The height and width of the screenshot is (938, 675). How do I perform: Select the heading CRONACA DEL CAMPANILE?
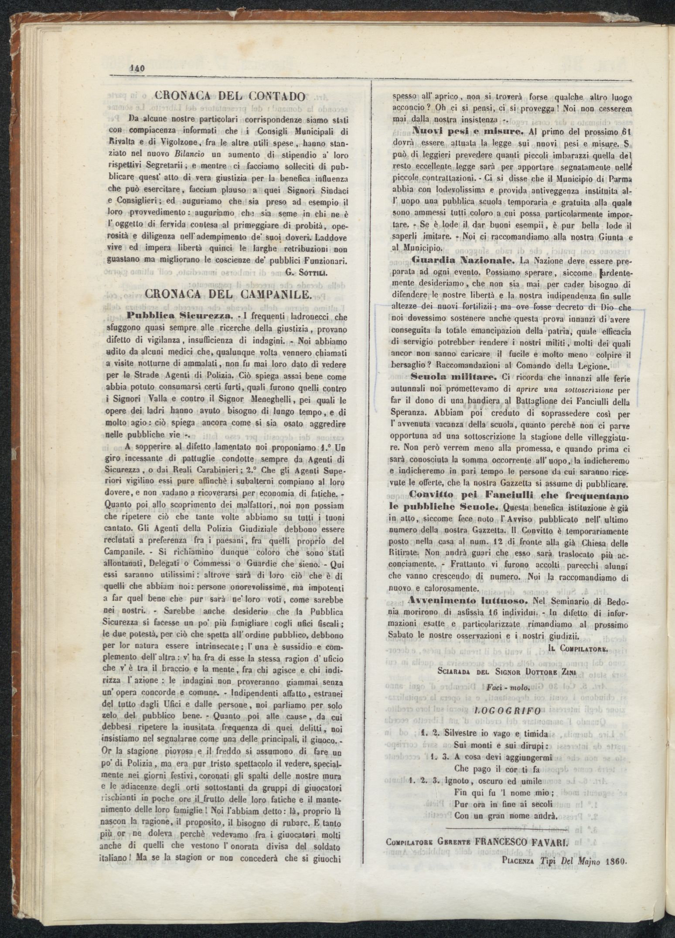(x=228, y=294)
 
